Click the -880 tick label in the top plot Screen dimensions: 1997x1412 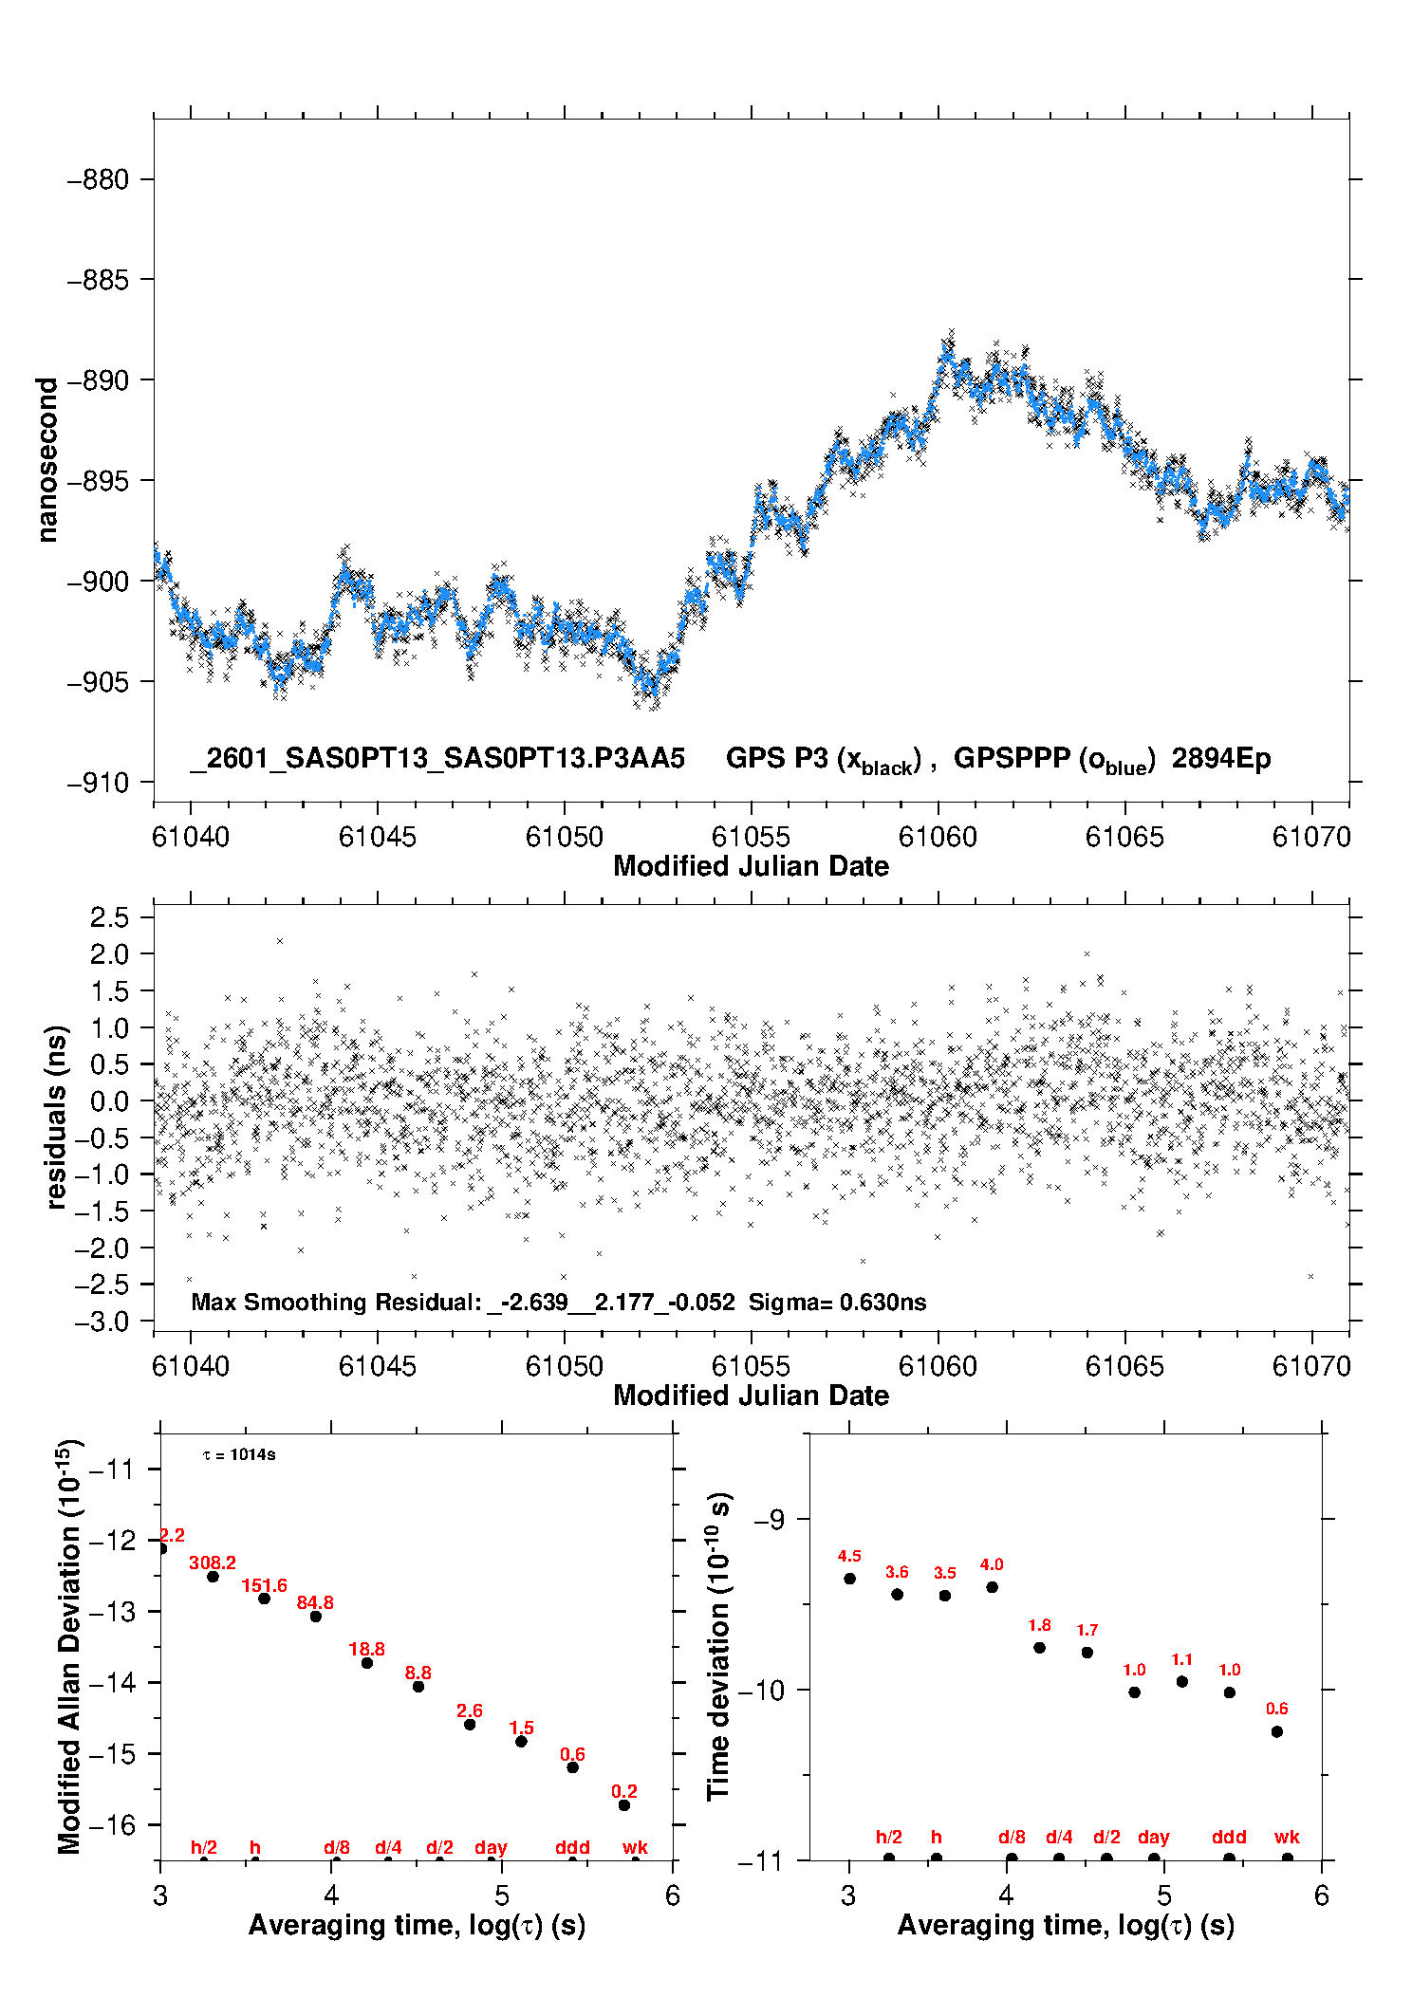98,179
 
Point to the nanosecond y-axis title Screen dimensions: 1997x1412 46,460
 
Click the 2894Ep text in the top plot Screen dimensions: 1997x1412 1220,758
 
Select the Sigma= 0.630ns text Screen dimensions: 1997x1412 837,1302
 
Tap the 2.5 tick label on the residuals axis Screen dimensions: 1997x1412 109,917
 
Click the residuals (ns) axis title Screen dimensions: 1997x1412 57,1117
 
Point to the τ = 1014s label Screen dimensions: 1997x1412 239,1454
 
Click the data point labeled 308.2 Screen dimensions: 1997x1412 214,1577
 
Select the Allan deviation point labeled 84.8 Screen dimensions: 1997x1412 316,1617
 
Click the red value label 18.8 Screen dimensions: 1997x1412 366,1649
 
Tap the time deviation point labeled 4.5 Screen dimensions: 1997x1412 850,1579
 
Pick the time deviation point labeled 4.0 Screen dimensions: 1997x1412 992,1587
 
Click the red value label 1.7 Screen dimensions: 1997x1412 1087,1630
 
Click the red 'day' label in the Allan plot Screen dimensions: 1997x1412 491,1847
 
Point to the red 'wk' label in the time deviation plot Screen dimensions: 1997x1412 1287,1837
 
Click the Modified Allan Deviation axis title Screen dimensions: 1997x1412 69,1646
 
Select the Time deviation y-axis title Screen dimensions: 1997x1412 718,1646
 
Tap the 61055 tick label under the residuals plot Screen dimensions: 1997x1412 751,1366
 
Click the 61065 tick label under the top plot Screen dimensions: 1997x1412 1124,837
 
